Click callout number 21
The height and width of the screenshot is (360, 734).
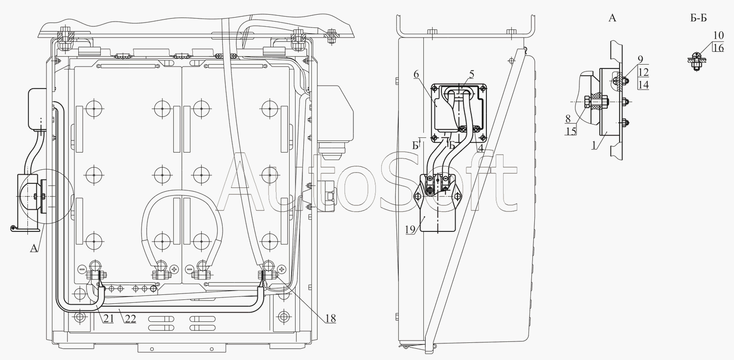click(109, 319)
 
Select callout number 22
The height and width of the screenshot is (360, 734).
click(131, 319)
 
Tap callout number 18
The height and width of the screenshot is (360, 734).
click(331, 318)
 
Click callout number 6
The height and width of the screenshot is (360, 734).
click(416, 74)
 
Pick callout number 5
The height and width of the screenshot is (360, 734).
click(472, 74)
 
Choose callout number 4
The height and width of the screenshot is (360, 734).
click(481, 148)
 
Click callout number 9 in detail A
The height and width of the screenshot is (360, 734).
click(640, 60)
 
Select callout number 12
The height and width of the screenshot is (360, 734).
click(644, 72)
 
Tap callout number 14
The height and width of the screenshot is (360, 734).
click(644, 85)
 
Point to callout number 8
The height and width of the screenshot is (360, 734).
click(568, 119)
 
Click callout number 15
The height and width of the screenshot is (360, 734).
click(571, 132)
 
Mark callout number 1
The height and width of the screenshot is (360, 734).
click(594, 145)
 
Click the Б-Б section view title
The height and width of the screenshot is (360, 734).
click(699, 18)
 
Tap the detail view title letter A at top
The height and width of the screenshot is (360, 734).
click(612, 18)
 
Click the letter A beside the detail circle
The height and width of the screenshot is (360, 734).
click(34, 248)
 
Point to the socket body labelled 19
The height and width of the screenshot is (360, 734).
click(437, 203)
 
